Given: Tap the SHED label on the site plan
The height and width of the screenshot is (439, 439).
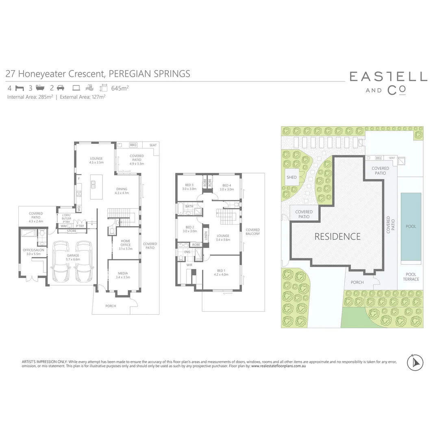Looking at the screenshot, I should (291, 177).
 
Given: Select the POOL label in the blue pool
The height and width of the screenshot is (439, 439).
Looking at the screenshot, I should (411, 226).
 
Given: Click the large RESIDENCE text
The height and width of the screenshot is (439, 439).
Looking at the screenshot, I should (337, 237).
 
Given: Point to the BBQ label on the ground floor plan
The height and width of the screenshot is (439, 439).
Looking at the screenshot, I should (133, 145).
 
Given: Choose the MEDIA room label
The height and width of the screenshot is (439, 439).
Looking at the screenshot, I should (123, 273).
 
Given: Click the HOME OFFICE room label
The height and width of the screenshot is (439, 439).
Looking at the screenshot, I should (126, 243).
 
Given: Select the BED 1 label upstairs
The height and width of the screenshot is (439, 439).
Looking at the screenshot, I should (221, 271).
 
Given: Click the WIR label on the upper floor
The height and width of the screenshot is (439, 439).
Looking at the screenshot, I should (189, 265).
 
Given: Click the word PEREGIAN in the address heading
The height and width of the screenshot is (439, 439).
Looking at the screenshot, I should (131, 74).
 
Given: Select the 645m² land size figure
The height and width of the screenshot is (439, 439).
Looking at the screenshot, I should (120, 87).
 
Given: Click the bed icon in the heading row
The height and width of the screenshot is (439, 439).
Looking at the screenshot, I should (20, 87).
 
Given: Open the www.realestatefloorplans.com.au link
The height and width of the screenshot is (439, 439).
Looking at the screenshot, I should (278, 366).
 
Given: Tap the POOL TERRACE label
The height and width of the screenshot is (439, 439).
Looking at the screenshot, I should (411, 277).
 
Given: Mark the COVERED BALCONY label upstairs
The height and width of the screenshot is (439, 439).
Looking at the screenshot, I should (252, 232).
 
